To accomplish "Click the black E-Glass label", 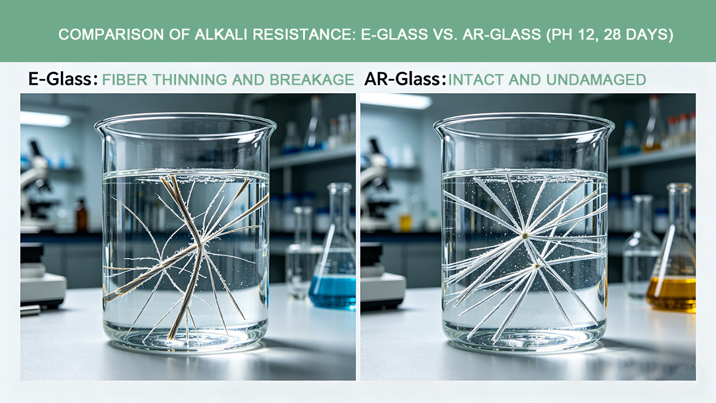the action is pos(63,79).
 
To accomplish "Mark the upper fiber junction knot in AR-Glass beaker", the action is pos(524,236).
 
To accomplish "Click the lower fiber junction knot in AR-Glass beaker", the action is pos(538,266).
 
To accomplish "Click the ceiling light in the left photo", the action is pos(45,119).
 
